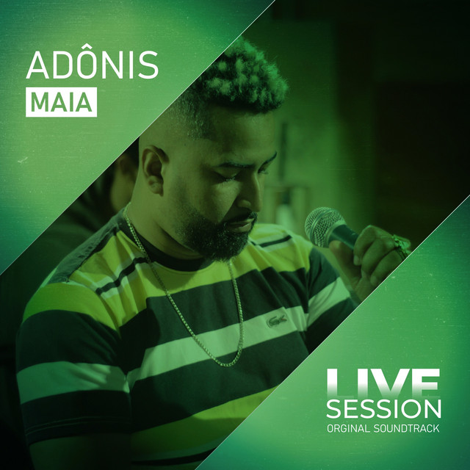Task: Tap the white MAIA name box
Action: [x=61, y=102]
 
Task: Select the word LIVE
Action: [x=383, y=383]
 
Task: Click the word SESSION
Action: [x=383, y=408]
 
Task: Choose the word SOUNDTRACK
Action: [x=406, y=428]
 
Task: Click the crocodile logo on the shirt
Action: [x=277, y=321]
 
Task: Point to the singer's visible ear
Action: [x=153, y=170]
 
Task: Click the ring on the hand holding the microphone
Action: [x=400, y=243]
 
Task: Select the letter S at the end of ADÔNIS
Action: [x=148, y=65]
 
